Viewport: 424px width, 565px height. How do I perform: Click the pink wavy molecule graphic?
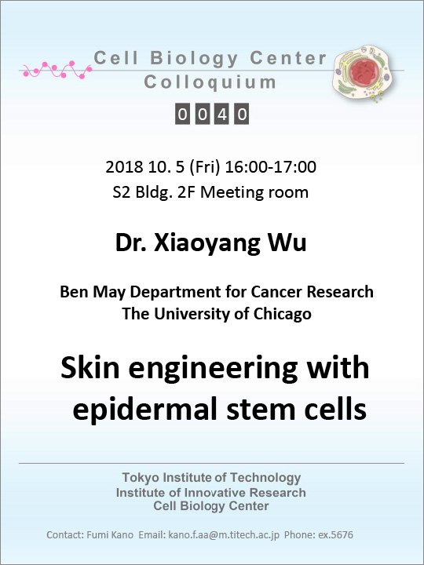57,70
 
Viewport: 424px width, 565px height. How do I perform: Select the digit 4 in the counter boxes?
221,115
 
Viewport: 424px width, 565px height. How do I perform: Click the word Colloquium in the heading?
210,82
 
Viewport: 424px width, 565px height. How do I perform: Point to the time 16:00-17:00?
270,167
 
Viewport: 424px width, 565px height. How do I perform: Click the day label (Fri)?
204,167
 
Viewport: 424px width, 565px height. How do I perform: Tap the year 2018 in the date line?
124,167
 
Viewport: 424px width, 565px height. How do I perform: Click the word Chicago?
283,314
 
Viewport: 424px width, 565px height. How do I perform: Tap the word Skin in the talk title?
90,367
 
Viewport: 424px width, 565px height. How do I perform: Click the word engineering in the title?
213,369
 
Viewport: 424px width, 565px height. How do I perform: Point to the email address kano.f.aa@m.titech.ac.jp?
224,534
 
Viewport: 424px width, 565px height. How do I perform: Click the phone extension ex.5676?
335,534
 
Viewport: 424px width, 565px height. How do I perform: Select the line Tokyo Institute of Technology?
212,477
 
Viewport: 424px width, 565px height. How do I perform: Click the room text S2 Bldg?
143,192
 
